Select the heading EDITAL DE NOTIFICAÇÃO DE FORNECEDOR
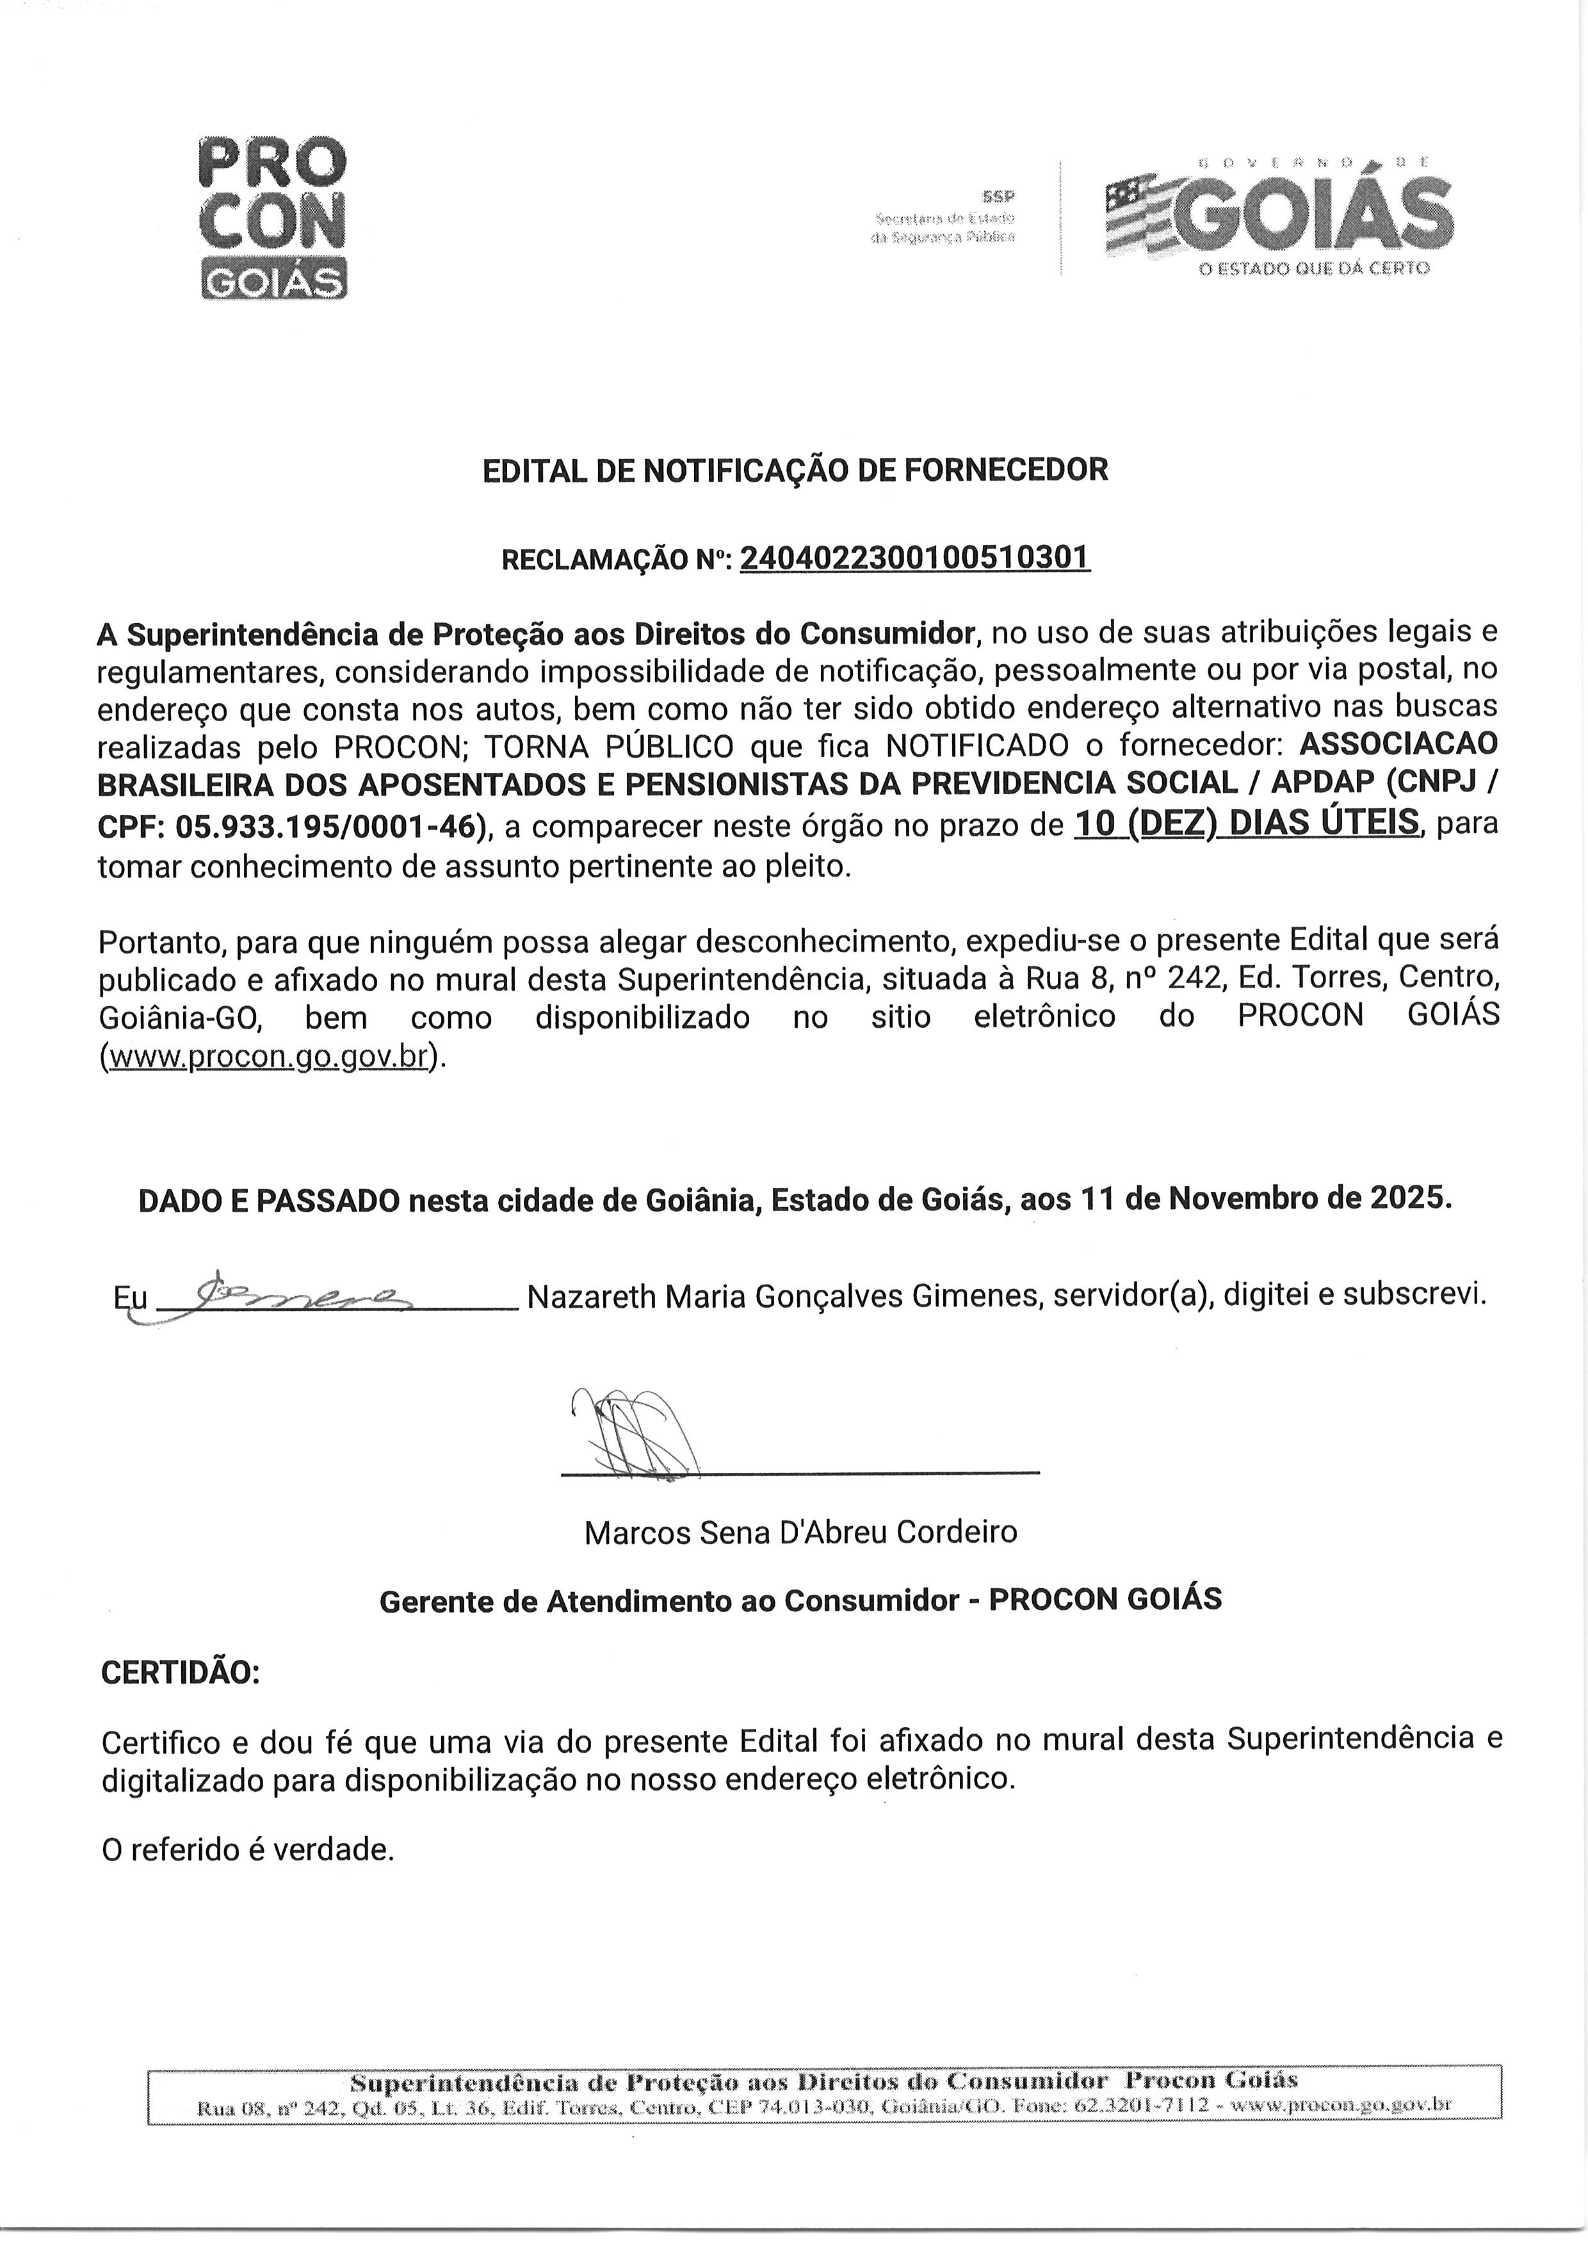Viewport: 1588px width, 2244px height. pyautogui.click(x=795, y=470)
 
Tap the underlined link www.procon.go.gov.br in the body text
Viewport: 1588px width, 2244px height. pyautogui.click(x=268, y=1057)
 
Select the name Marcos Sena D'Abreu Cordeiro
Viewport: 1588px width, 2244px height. pyautogui.click(x=800, y=1531)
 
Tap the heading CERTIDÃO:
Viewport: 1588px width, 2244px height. pyautogui.click(x=181, y=1673)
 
